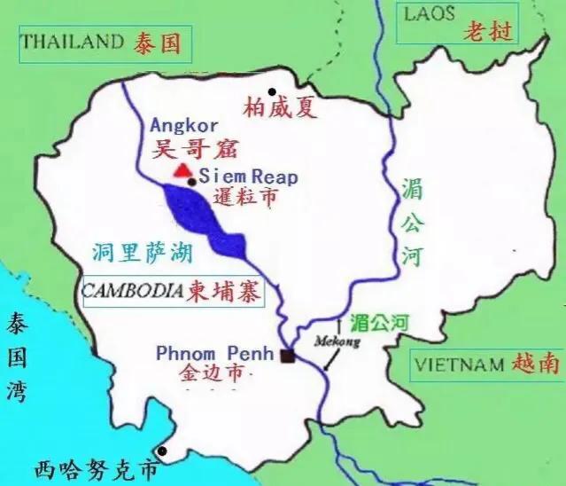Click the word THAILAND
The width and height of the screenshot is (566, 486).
pyautogui.click(x=72, y=41)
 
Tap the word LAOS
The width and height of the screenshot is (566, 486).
pyautogui.click(x=429, y=13)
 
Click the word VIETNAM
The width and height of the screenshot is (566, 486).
pyautogui.click(x=457, y=362)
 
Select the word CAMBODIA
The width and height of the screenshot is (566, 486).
pyautogui.click(x=134, y=290)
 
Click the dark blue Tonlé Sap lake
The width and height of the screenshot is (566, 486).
pyautogui.click(x=200, y=217)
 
